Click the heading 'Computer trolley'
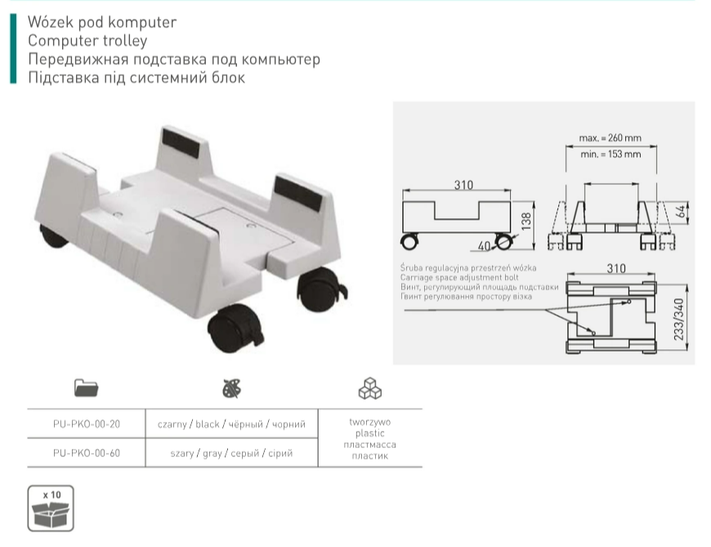(x=87, y=41)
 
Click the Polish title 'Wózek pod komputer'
(x=102, y=22)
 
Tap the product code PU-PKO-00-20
(x=87, y=424)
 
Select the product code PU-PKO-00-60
(x=87, y=453)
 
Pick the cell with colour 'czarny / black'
(x=232, y=424)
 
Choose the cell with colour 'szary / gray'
(x=232, y=453)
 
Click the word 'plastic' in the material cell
(x=370, y=433)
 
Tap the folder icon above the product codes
(x=86, y=388)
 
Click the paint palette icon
(x=232, y=388)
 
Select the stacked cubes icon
(x=370, y=388)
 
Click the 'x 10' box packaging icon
(x=51, y=509)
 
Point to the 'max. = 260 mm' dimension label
(x=610, y=138)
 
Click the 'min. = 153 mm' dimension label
(x=610, y=155)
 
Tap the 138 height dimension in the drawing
(x=526, y=222)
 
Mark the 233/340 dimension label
(x=679, y=320)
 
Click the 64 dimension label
(x=681, y=212)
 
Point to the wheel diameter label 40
(x=485, y=246)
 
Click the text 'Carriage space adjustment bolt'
(x=459, y=277)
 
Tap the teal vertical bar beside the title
(x=13, y=48)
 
